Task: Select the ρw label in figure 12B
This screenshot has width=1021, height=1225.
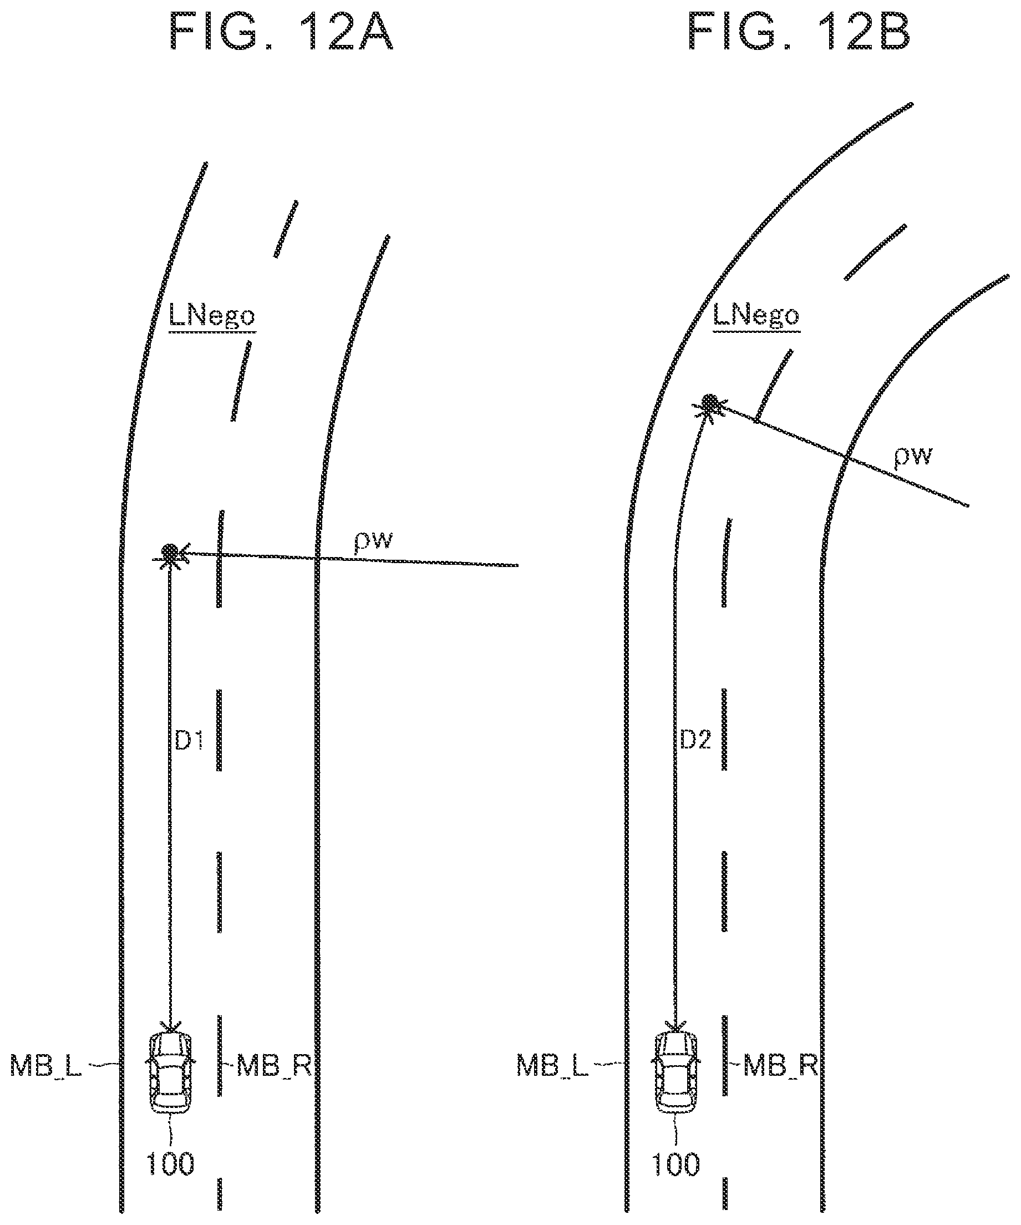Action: [914, 455]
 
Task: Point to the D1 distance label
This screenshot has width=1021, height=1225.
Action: [189, 740]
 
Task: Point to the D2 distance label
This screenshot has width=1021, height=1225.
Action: [695, 740]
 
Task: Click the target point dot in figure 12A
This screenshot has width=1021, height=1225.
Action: [170, 551]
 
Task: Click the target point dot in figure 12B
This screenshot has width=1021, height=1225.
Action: [710, 402]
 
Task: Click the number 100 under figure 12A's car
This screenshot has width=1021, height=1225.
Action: [170, 1164]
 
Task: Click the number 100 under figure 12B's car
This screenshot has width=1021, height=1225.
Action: [675, 1164]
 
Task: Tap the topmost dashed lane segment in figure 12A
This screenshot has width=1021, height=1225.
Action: [286, 229]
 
